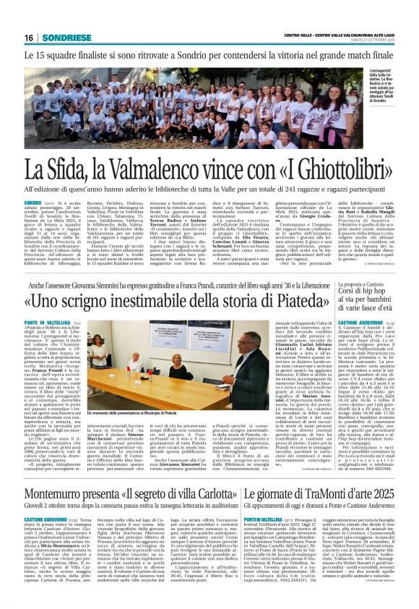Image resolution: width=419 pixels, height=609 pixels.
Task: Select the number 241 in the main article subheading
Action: (296, 189)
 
